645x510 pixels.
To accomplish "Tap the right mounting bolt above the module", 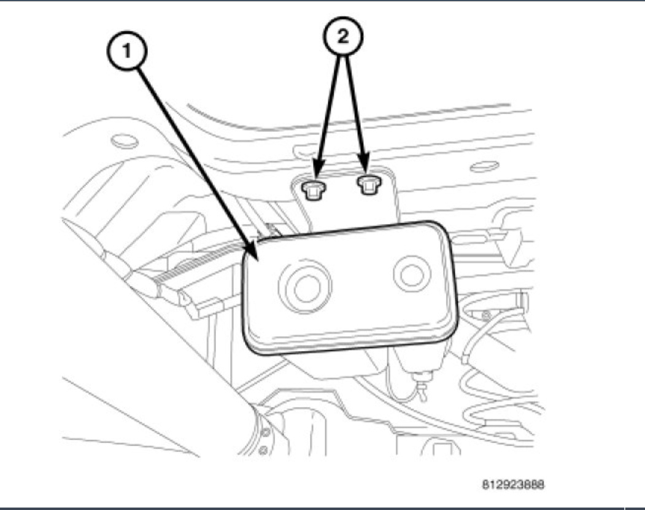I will point(367,184).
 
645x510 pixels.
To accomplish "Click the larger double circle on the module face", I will point(304,286).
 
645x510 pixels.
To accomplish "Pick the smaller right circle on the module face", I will point(412,273).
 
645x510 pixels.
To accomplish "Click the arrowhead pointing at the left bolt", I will point(317,172).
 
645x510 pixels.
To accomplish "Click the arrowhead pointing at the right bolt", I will point(366,169).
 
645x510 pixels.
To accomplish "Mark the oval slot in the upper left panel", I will point(126,141).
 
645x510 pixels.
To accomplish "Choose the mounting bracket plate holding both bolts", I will point(350,203).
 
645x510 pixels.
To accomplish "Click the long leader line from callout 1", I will point(190,147).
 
